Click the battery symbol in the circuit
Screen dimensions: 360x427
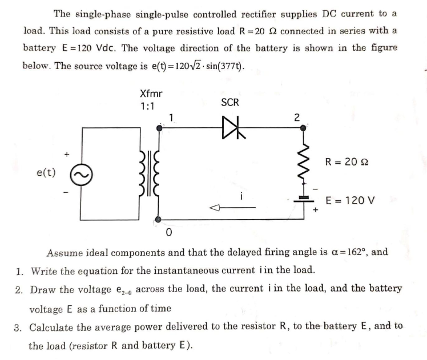[303, 198]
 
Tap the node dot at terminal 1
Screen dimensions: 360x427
[159, 129]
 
